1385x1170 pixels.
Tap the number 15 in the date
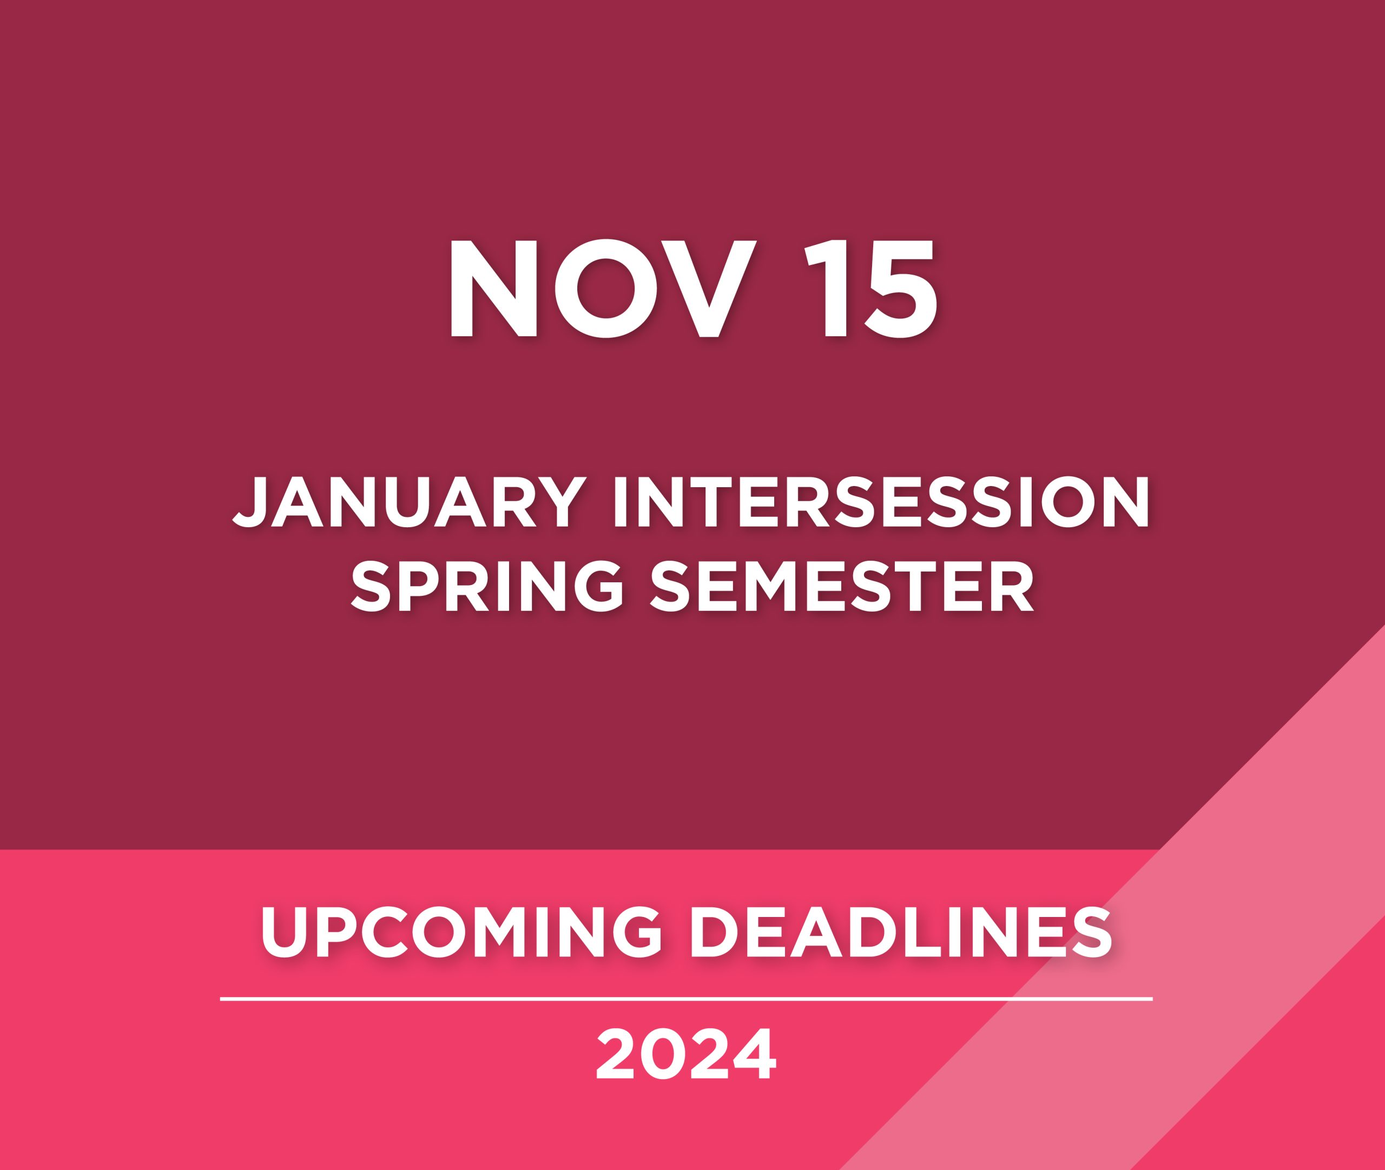click(870, 289)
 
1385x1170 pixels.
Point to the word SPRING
click(486, 586)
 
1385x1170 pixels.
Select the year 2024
click(685, 1055)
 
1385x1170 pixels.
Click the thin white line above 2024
click(686, 998)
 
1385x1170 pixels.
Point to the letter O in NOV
click(605, 289)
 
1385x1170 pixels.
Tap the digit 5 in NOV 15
click(900, 289)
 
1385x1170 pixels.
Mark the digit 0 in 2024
click(664, 1055)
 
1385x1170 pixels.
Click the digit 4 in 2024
click(753, 1055)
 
